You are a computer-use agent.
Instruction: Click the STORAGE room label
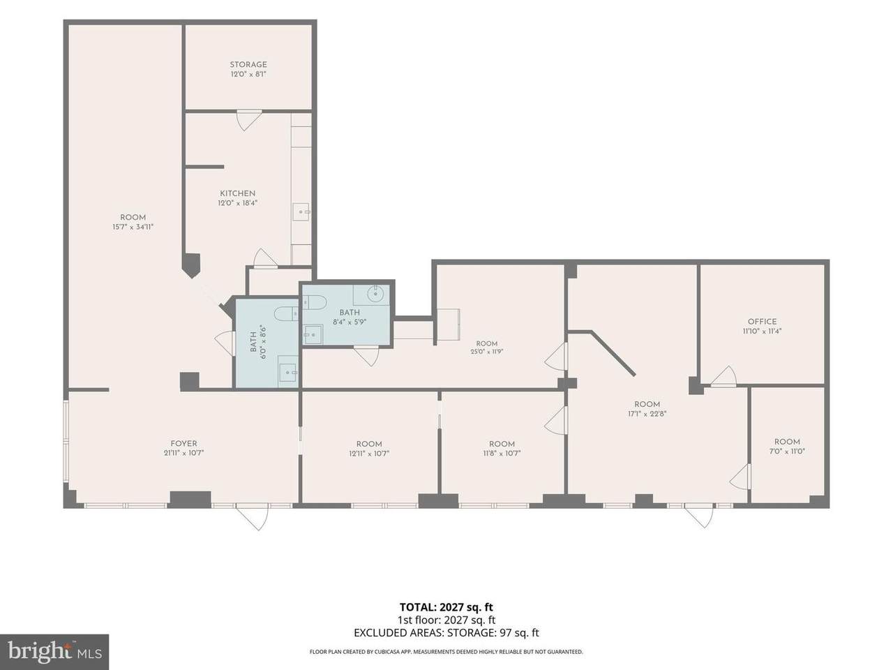click(x=248, y=64)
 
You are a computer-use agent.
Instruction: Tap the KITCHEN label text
click(x=238, y=193)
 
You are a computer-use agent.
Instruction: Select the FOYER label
click(x=183, y=443)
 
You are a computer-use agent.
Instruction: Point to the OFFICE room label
click(x=762, y=321)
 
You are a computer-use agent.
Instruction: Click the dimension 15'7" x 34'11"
click(x=133, y=227)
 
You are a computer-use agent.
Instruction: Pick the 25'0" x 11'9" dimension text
click(x=486, y=352)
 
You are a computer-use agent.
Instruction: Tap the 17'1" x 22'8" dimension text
click(x=647, y=414)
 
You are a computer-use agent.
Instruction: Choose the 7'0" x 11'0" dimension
click(x=787, y=451)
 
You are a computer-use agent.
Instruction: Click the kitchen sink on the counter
click(x=301, y=212)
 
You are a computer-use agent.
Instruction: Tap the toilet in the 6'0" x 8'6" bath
click(x=287, y=313)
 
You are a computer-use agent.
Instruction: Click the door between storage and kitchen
click(x=248, y=119)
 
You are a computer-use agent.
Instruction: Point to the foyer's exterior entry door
click(x=253, y=516)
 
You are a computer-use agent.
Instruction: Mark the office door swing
click(x=724, y=376)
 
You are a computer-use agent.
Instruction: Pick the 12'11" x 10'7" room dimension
click(x=369, y=453)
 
